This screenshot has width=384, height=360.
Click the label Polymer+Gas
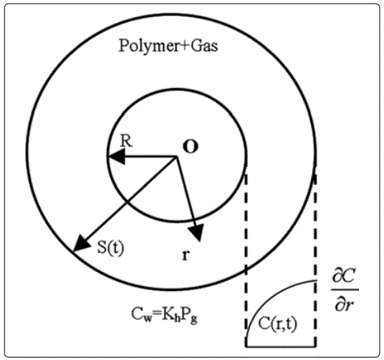click(x=168, y=46)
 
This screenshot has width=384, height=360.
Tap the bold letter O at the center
click(x=191, y=147)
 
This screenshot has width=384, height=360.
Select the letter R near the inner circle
click(x=127, y=141)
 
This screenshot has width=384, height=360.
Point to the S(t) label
click(x=111, y=248)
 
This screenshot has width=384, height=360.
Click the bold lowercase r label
click(x=186, y=256)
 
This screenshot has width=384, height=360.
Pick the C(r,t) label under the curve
click(x=277, y=324)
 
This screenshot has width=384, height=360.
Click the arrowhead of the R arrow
click(x=117, y=156)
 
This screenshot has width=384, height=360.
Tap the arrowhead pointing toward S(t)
click(x=80, y=243)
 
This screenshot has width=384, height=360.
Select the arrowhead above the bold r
click(x=196, y=233)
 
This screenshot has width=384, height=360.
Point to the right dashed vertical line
click(x=316, y=260)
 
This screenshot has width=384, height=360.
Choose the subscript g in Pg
click(x=193, y=320)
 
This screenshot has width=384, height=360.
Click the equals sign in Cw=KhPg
click(x=157, y=315)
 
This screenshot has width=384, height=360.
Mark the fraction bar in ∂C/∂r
click(x=345, y=289)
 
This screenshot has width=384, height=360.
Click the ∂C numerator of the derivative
click(x=344, y=278)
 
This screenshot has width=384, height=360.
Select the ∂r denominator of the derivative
click(x=344, y=303)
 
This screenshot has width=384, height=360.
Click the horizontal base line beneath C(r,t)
click(x=281, y=346)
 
